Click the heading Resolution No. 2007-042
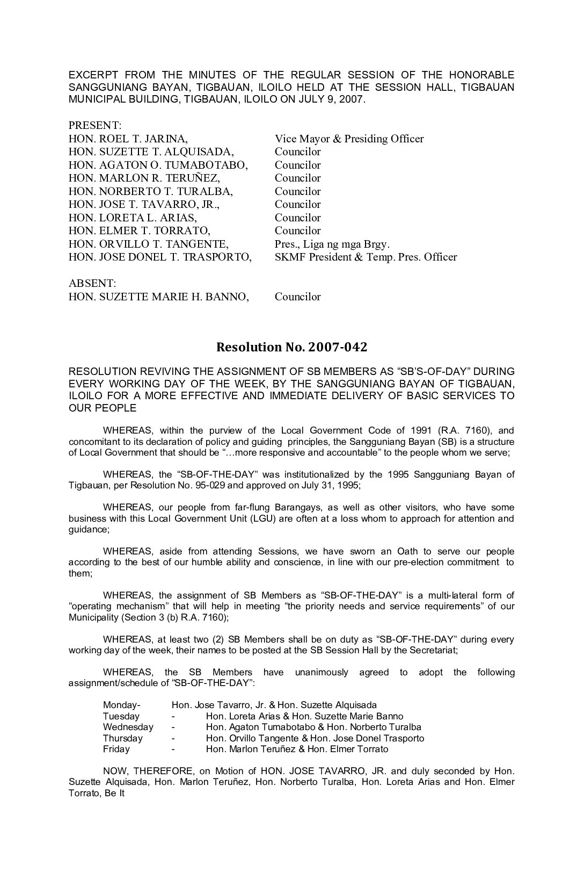click(291, 347)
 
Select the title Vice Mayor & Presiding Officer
click(349, 139)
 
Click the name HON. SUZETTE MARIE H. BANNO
click(159, 297)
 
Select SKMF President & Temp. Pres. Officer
click(366, 257)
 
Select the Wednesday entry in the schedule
click(128, 727)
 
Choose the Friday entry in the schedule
click(116, 749)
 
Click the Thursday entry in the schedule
click(123, 738)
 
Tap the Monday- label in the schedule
click(122, 705)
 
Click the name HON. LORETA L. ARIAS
click(133, 218)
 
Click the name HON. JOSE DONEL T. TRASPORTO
click(160, 257)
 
